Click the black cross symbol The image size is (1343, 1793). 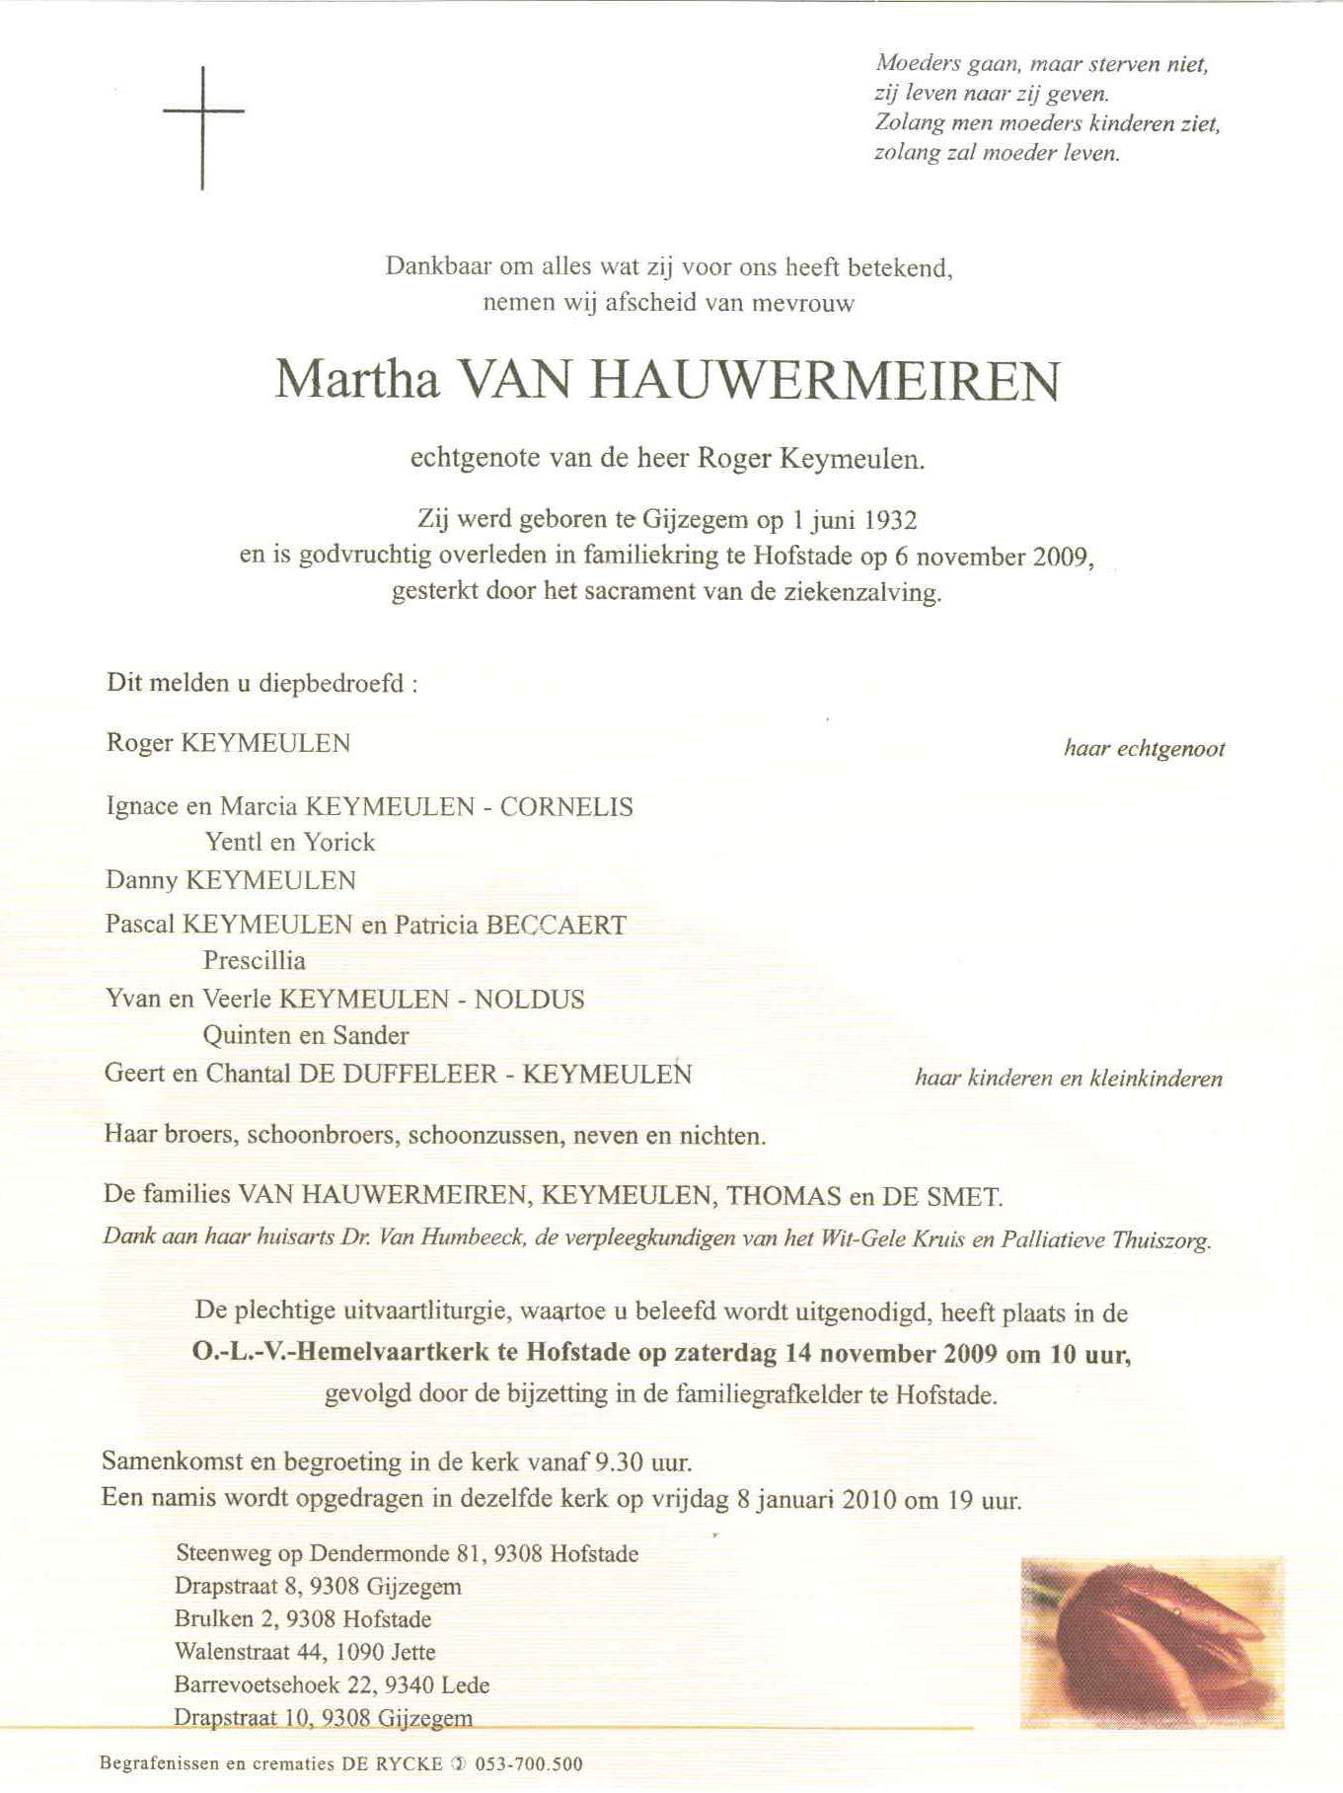[x=203, y=125]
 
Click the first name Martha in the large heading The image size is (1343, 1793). [x=356, y=380]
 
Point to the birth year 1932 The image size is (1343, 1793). [x=892, y=519]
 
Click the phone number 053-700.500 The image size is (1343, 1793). [x=529, y=1763]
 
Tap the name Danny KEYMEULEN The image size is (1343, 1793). [x=231, y=880]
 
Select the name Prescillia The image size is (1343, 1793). [x=255, y=960]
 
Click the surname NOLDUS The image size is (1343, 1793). [x=529, y=999]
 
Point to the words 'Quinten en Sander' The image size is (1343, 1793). [x=306, y=1035]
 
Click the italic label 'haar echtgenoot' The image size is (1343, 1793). [x=1144, y=748]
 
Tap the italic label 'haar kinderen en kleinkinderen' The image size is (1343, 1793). [x=1069, y=1079]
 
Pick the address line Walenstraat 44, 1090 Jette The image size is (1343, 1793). [x=305, y=1651]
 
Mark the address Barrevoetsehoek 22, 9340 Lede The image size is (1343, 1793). [x=332, y=1684]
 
